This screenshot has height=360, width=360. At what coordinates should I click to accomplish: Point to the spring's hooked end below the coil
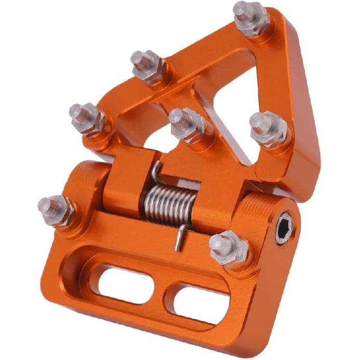click(x=178, y=239)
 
